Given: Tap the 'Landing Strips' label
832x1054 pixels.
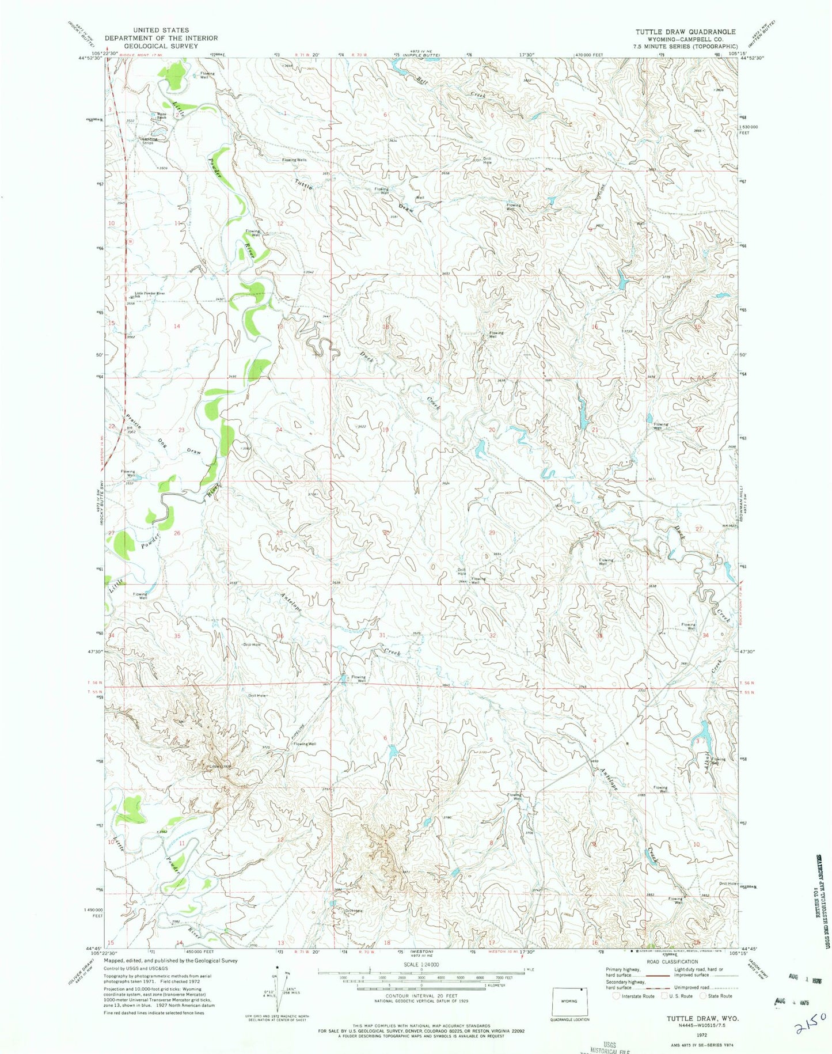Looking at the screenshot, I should coord(148,140).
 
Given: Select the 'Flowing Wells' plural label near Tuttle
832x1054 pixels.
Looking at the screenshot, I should coord(294,160).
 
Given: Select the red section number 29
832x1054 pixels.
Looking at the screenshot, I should coord(492,533).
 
